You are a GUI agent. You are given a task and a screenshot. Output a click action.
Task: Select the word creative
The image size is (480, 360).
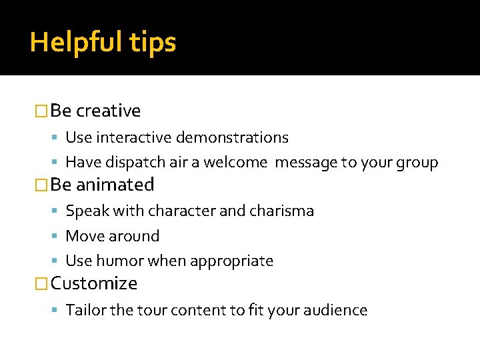point(108,111)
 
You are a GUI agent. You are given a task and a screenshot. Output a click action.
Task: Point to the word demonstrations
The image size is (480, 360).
point(232,137)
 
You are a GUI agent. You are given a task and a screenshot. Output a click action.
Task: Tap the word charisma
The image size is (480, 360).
point(281,211)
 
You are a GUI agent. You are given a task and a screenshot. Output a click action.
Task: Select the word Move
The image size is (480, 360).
point(83,236)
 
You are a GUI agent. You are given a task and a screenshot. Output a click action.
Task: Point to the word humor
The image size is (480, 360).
point(117,261)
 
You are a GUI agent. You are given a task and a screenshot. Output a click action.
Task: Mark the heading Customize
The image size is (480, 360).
point(94,283)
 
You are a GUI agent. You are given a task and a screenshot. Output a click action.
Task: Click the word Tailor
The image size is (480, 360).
point(83,310)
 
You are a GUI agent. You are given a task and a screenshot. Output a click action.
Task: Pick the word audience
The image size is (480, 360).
point(335,310)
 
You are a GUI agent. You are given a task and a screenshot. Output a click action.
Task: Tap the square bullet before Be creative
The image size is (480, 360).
point(42,111)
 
